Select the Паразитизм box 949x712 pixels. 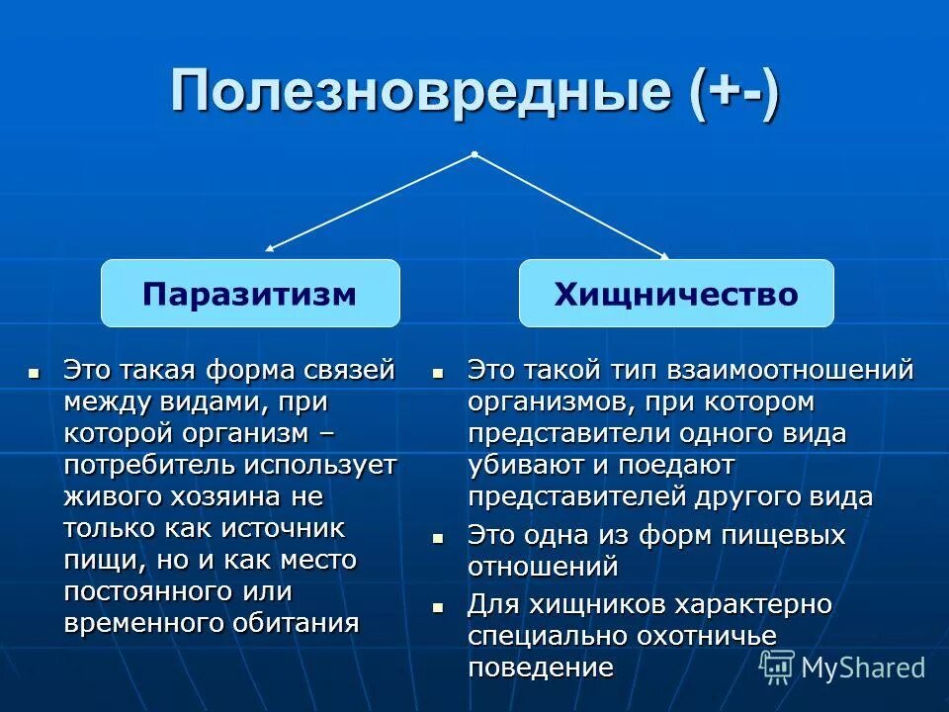click(250, 294)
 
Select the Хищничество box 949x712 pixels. click(676, 294)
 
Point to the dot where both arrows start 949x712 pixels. click(474, 154)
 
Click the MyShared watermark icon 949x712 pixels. click(776, 667)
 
